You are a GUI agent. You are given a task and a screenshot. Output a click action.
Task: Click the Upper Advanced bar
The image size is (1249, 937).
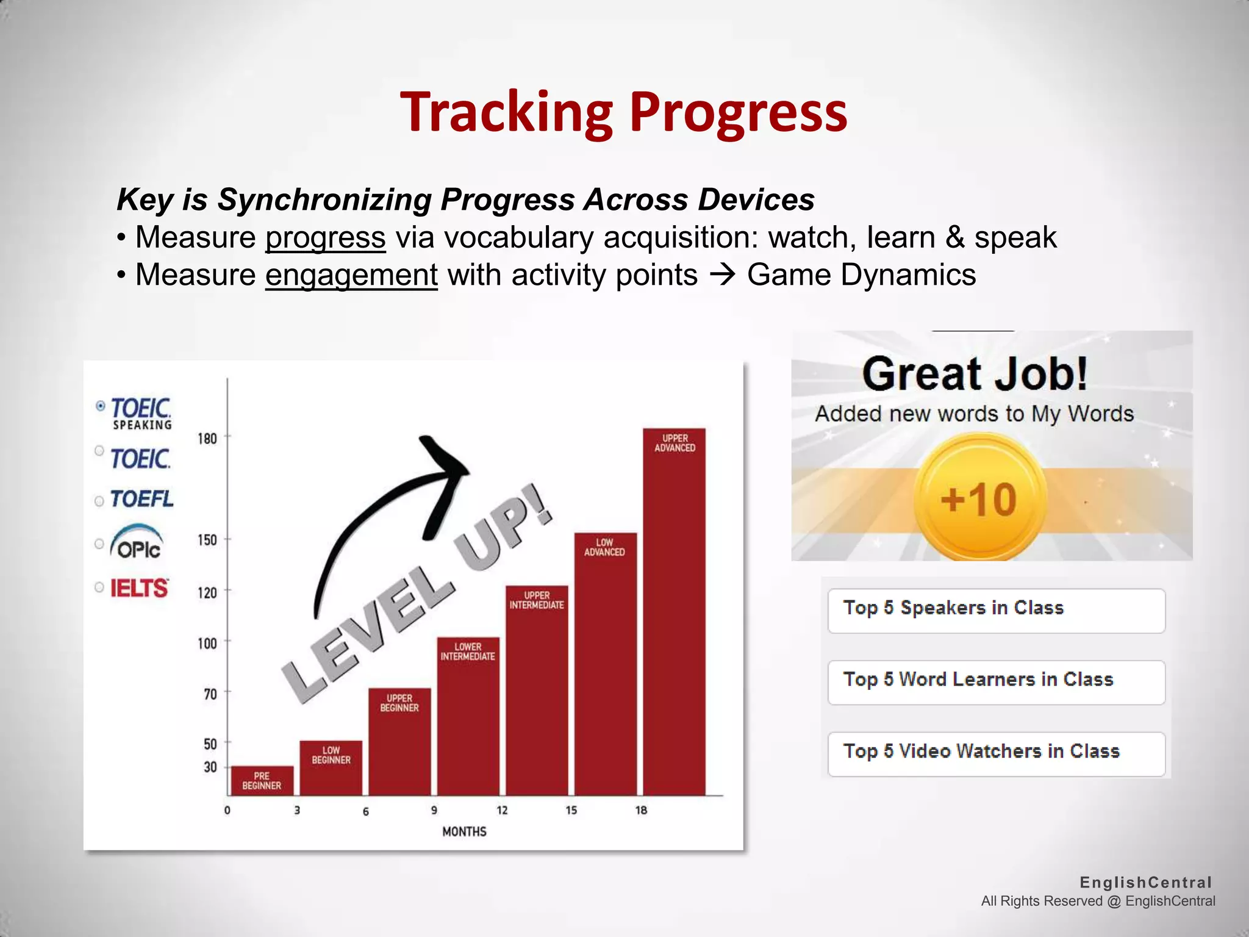coord(675,610)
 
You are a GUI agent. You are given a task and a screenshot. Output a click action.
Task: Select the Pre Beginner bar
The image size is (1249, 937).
coord(262,780)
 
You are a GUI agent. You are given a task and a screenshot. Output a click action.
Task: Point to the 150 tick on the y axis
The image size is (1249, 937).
coord(207,540)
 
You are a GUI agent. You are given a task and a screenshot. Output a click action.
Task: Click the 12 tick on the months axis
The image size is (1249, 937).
coord(502,810)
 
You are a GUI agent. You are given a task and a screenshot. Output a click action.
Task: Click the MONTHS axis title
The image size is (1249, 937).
coord(464,831)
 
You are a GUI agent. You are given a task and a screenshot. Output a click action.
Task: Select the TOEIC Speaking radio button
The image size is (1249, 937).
coord(101,406)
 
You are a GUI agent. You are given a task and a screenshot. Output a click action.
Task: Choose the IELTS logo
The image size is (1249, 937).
coord(139,588)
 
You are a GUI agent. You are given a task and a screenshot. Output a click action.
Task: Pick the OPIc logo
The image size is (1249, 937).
coord(137,542)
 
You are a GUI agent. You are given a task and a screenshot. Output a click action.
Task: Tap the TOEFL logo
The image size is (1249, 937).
coord(141,499)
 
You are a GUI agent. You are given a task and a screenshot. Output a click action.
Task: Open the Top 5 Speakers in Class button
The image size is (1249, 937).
coord(996,610)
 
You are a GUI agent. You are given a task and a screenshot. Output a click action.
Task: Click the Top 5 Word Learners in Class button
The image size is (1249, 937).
coord(996,681)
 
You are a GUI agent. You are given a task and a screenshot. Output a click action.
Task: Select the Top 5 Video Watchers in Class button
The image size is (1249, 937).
coord(996,753)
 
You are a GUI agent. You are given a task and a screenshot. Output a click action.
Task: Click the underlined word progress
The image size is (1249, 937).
coord(325,238)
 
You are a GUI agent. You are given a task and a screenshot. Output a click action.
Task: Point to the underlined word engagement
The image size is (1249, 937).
coord(351,275)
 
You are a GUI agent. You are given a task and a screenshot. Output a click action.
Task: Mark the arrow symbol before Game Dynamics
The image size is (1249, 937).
coord(723,276)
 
